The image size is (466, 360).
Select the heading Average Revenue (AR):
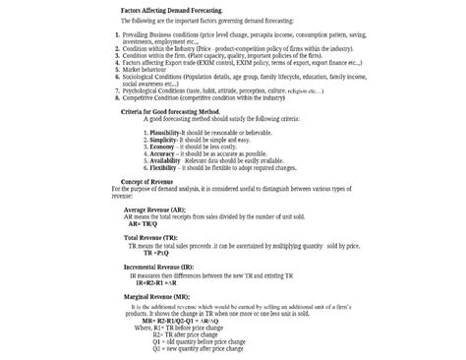click(155, 210)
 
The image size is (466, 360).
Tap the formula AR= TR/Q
click(146, 223)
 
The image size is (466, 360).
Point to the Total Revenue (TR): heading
click(150, 238)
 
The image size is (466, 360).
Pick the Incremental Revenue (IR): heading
click(159, 267)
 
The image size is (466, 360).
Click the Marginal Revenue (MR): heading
click(155, 296)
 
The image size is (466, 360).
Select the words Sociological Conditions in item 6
click(152, 78)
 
